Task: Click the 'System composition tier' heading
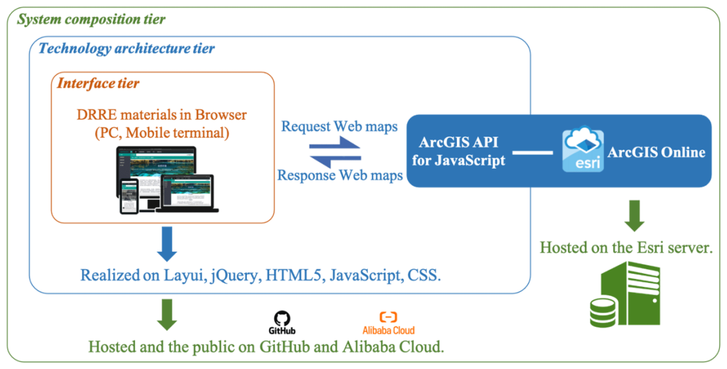click(x=91, y=19)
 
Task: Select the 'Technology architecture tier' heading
click(x=126, y=48)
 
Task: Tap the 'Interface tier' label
click(x=98, y=83)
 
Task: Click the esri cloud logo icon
click(x=583, y=149)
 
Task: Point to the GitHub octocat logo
click(x=282, y=318)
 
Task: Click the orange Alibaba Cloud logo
click(x=388, y=317)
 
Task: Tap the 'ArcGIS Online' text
click(x=656, y=152)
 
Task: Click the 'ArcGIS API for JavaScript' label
click(x=458, y=151)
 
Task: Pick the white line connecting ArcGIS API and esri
click(x=533, y=153)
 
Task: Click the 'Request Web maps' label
click(x=339, y=126)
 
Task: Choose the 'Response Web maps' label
click(x=340, y=175)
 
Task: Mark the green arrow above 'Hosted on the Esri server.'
click(x=634, y=216)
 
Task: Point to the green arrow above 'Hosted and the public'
click(x=167, y=314)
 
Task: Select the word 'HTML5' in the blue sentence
click(x=293, y=275)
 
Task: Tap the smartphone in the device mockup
click(x=129, y=196)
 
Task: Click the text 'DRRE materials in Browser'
click(x=161, y=115)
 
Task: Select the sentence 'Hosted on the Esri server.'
click(x=626, y=248)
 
